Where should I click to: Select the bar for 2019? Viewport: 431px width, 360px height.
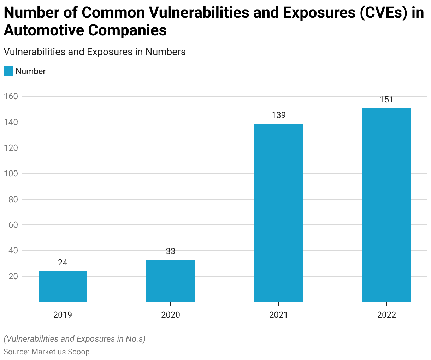pos(63,287)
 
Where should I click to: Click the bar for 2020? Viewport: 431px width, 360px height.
pos(171,281)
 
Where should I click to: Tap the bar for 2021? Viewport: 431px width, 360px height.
pos(279,213)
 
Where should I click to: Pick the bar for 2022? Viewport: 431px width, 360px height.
pos(386,205)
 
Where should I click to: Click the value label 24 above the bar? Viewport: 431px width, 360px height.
pos(63,263)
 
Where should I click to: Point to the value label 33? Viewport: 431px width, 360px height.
pos(171,251)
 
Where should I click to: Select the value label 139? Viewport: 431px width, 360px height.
pos(279,115)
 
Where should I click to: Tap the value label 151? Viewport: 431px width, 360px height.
pos(386,100)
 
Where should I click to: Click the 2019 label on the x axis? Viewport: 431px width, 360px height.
pos(63,315)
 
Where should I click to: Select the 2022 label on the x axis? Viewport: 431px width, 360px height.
pos(386,315)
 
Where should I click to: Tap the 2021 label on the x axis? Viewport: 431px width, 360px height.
pos(279,315)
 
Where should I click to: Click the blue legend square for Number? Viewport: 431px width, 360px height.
pos(8,71)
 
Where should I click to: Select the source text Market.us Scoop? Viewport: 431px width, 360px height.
pos(60,352)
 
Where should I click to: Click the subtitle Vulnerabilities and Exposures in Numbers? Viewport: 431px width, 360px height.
pos(94,52)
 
